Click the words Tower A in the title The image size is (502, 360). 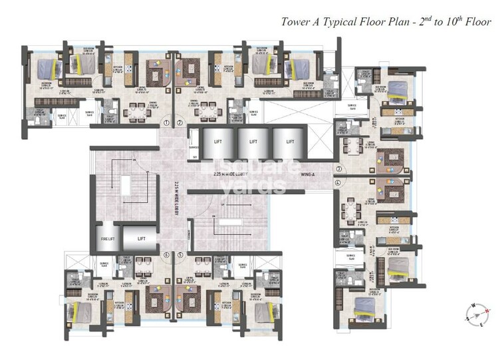pos(302,21)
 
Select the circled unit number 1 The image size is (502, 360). pos(168,123)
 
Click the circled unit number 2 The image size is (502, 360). pos(180,123)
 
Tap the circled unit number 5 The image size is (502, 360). pos(180,254)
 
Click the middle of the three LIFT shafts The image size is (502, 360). pos(249,142)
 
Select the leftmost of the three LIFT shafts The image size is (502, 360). pos(217,142)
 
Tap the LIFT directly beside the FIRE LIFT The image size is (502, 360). pos(141,238)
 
